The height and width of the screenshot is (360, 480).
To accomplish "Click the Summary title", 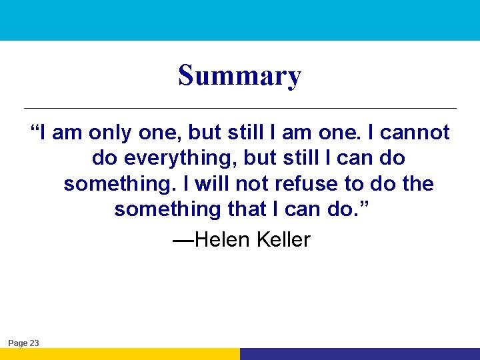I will [239, 76].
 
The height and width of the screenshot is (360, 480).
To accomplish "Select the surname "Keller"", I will [283, 239].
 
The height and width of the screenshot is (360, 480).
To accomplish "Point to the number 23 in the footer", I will [34, 343].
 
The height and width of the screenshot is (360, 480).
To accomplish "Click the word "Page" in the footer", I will [17, 343].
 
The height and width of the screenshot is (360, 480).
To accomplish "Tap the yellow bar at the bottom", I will [120, 354].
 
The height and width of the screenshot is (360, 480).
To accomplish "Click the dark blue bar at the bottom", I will [360, 354].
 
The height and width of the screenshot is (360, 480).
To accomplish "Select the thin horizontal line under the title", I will [240, 108].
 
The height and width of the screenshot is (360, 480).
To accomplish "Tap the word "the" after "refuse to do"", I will [418, 183].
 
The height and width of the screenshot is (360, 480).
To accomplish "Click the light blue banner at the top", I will [240, 20].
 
